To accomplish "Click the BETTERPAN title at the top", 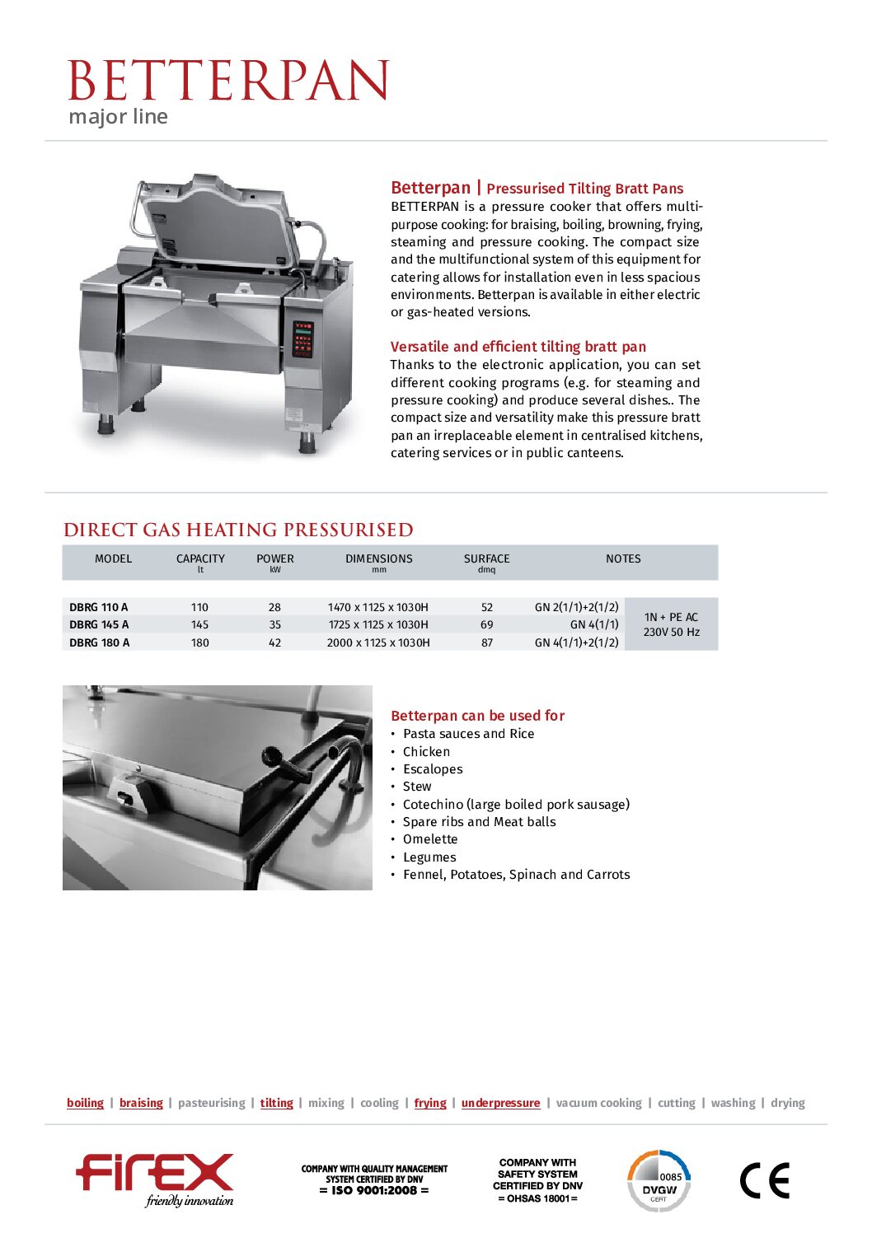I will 227,81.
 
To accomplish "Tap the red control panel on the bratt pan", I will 303,338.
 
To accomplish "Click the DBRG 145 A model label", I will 99,624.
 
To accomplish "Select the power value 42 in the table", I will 274,642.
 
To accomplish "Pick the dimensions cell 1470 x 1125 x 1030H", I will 378,607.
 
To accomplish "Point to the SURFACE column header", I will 486,558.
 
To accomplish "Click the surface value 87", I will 487,642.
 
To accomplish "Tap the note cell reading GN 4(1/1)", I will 594,624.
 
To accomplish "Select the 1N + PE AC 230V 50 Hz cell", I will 671,624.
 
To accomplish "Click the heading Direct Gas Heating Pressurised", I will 238,530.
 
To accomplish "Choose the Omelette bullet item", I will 430,839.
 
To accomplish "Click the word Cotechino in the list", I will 433,804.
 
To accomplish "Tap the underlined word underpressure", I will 500,1103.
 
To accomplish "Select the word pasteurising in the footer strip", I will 211,1103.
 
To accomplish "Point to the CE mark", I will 764,1180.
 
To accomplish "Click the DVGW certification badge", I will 659,1180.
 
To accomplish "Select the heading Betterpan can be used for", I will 477,716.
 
